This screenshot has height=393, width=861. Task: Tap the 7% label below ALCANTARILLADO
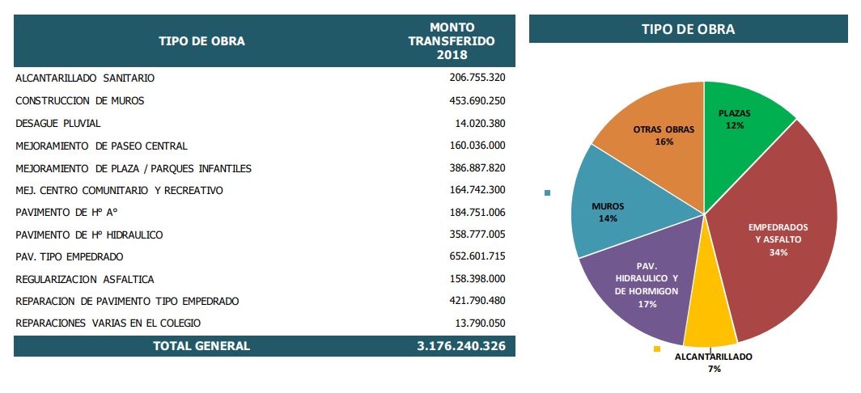coord(714,369)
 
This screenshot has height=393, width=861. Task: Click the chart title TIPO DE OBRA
coord(688,29)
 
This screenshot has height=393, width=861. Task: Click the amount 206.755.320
coord(477,78)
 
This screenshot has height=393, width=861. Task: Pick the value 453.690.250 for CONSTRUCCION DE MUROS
coord(477,101)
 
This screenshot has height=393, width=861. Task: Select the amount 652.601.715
coord(477,256)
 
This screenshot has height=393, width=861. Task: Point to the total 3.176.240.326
coord(461,346)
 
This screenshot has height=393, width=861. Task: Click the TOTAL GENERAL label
coord(201,346)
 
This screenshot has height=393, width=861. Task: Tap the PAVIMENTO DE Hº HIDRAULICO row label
coord(89,235)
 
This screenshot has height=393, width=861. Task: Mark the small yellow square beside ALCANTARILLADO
coord(657,349)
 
